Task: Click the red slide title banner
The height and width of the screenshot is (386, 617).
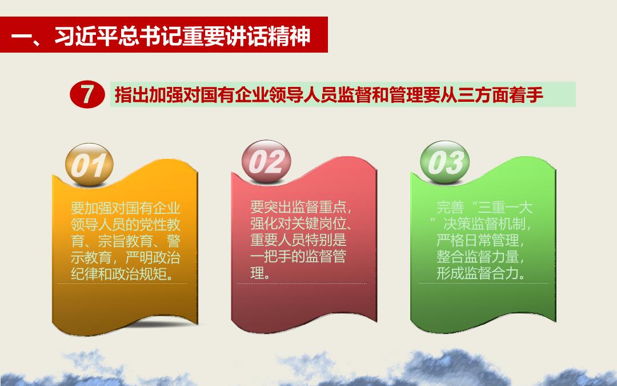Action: click(164, 35)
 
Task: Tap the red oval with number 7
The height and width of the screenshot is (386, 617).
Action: click(87, 94)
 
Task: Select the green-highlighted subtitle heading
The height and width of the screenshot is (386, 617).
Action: click(343, 94)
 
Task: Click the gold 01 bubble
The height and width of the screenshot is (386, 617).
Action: click(89, 165)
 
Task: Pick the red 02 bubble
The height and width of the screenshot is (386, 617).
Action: click(266, 161)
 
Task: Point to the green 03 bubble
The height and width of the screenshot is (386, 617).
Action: click(445, 162)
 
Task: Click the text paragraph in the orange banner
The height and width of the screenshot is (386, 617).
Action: click(126, 241)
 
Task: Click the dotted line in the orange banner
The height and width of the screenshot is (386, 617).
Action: click(122, 283)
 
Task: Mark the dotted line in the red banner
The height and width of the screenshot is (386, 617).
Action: click(302, 283)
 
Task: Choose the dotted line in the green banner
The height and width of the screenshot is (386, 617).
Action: click(483, 283)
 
